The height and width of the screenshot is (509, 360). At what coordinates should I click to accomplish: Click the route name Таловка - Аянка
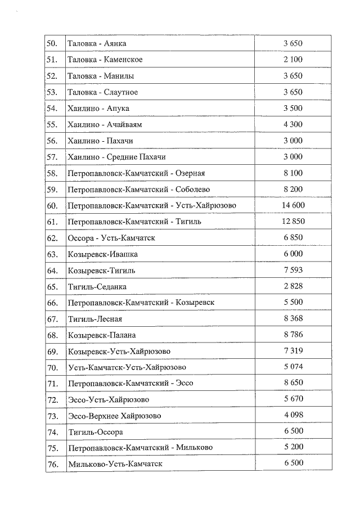tap(97, 43)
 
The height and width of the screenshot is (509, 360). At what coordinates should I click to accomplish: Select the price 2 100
tap(293, 60)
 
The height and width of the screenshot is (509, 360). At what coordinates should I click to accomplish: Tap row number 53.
tap(53, 92)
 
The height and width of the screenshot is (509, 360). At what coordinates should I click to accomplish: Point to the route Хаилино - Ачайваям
tap(102, 124)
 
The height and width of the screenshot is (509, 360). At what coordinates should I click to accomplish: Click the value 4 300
tap(293, 124)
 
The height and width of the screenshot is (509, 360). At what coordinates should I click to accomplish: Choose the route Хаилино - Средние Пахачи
tap(116, 157)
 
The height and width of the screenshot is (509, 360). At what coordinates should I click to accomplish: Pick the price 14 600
tap(293, 205)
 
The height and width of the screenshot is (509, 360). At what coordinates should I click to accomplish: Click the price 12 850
tap(293, 222)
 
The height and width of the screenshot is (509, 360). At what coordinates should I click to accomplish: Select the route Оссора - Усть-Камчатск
tap(111, 238)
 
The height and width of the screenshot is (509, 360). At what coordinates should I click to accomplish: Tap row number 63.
tap(53, 254)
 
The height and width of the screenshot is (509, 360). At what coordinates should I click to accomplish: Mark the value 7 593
tap(293, 271)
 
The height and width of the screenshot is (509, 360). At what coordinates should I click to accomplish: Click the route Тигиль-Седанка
tap(97, 287)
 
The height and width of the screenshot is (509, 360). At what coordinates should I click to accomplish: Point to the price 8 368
tap(293, 319)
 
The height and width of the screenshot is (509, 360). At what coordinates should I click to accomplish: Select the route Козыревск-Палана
tap(102, 335)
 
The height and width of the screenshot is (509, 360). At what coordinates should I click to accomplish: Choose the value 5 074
tap(293, 367)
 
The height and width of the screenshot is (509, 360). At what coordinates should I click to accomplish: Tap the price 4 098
tap(293, 416)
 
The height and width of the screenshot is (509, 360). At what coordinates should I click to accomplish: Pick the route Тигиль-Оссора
tap(95, 432)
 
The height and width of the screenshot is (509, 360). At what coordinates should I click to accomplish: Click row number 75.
tap(53, 448)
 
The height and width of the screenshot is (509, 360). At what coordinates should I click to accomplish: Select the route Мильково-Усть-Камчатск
tap(115, 464)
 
